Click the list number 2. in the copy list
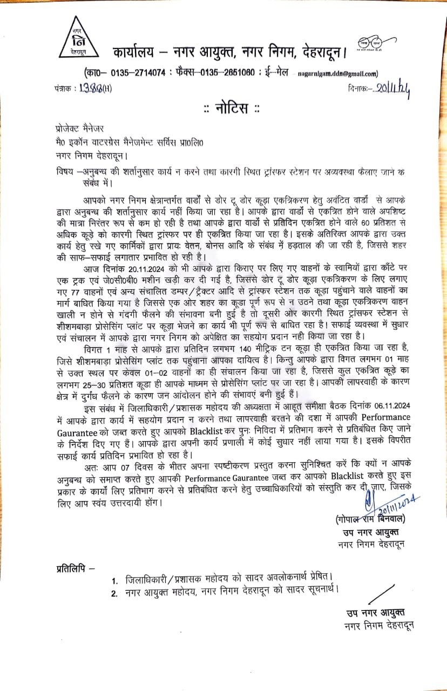point(114,594)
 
